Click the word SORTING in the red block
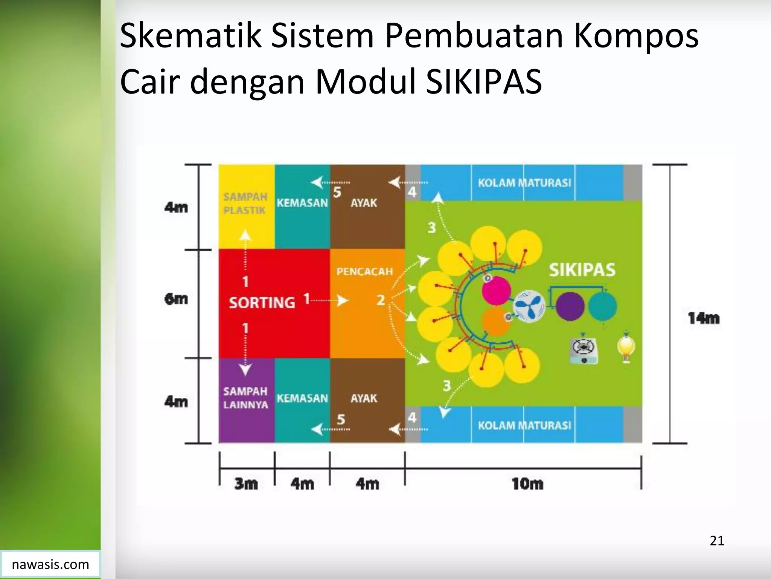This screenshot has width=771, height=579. pyautogui.click(x=262, y=303)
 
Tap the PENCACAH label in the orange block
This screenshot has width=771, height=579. pyautogui.click(x=364, y=272)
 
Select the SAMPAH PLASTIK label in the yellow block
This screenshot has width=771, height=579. pyautogui.click(x=245, y=204)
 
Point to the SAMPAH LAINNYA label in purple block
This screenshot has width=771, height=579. pyautogui.click(x=245, y=398)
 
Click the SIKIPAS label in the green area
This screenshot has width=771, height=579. pyautogui.click(x=582, y=270)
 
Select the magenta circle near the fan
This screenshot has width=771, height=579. pyautogui.click(x=497, y=291)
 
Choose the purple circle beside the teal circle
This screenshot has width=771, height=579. pyautogui.click(x=570, y=306)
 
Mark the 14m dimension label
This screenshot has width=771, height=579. pyautogui.click(x=704, y=319)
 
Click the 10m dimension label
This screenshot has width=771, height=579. pyautogui.click(x=527, y=484)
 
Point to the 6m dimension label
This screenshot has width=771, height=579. pyautogui.click(x=176, y=299)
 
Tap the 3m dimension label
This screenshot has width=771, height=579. pyautogui.click(x=246, y=484)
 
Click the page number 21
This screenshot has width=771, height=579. pyautogui.click(x=717, y=541)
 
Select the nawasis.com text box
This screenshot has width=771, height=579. pyautogui.click(x=50, y=564)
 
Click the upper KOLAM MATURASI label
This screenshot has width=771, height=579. pyautogui.click(x=524, y=183)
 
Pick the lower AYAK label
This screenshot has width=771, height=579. pyautogui.click(x=364, y=398)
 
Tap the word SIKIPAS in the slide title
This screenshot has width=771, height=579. pyautogui.click(x=484, y=81)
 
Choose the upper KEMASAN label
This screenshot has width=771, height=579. pyautogui.click(x=302, y=203)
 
